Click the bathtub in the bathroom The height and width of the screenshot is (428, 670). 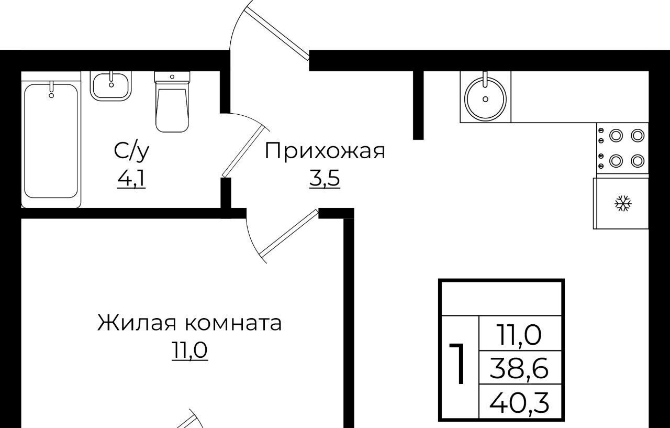pos(51,140)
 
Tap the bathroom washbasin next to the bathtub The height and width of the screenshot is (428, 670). pos(111,86)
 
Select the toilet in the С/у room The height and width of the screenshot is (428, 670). pos(172,102)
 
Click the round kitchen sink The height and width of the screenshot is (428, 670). pos(485,97)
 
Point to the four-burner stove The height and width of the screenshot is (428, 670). pos(622,148)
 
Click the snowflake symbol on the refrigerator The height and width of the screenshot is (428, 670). pos(623,204)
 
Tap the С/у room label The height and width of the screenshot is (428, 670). pos(131,151)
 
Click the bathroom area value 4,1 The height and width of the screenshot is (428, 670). pos(131,179)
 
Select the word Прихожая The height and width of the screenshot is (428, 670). pos(325,152)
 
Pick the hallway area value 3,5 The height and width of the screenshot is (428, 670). pos(325,179)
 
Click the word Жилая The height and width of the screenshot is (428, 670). pos(137,323)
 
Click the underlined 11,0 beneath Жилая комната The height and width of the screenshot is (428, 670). pos(189,350)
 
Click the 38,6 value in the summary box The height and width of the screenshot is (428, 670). pos(519,368)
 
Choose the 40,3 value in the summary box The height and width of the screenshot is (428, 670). pos(519,402)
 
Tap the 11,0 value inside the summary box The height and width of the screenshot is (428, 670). pos(519,335)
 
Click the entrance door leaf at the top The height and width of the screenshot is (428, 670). pos(277,34)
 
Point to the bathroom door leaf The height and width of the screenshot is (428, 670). pos(244,151)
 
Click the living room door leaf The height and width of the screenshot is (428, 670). pos(289,233)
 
